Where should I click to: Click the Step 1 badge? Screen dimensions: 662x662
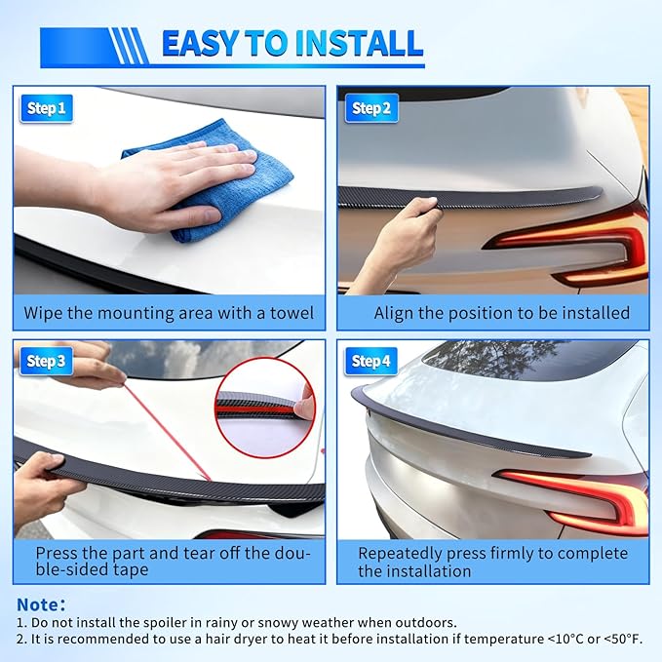click(x=46, y=109)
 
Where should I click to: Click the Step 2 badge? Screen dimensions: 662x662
click(x=370, y=109)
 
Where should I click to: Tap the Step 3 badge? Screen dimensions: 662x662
click(x=46, y=362)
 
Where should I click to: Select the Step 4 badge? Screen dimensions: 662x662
click(x=370, y=362)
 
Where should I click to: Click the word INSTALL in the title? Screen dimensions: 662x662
click(x=348, y=44)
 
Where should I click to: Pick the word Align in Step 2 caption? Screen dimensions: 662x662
click(x=395, y=313)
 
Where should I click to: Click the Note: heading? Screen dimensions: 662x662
click(x=41, y=604)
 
